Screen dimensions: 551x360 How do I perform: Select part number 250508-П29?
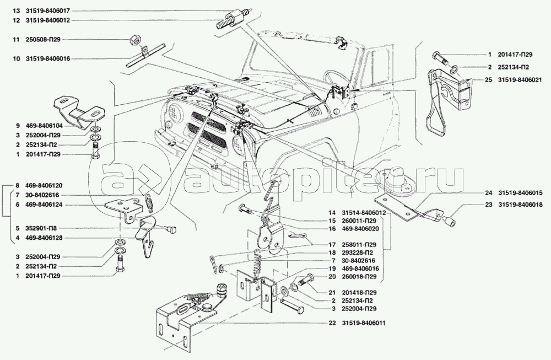tap(43, 40)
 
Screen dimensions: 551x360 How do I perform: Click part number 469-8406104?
tap(44, 126)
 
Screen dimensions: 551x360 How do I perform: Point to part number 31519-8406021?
tap(520, 80)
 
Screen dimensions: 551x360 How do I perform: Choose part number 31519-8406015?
tap(520, 192)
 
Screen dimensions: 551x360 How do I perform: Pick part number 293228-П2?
tap(357, 252)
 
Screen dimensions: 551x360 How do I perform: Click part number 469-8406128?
tap(44, 238)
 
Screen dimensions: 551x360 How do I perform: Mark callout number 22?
tap(332, 323)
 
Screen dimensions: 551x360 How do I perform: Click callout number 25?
tap(488, 80)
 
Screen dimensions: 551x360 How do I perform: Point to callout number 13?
tap(17, 11)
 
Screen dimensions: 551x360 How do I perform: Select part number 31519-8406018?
tap(520, 205)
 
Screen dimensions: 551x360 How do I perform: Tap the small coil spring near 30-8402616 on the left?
tap(149, 203)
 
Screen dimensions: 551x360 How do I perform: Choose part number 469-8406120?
tap(44, 185)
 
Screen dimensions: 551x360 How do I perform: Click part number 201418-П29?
tap(359, 293)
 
